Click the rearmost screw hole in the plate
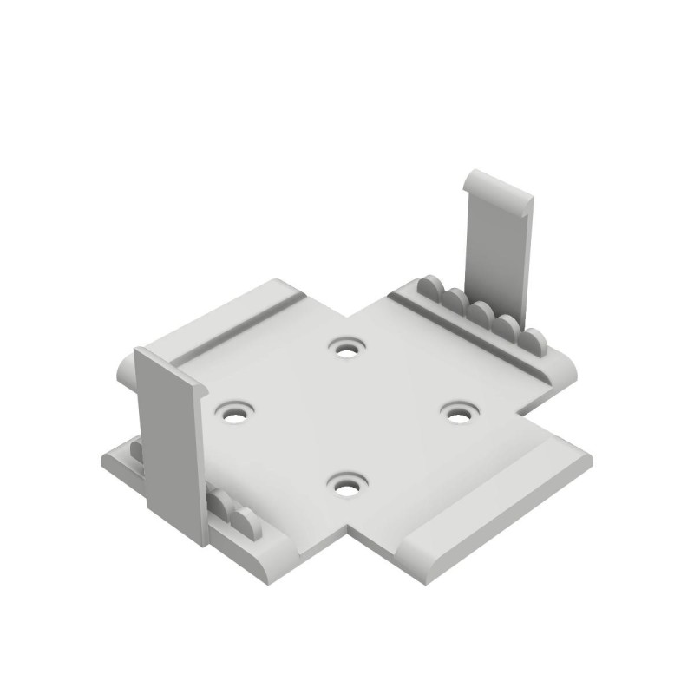[x=347, y=350]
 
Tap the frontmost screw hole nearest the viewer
[x=348, y=488]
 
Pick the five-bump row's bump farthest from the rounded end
[x=429, y=288]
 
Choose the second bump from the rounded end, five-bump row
[x=508, y=327]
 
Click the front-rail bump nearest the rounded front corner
[x=246, y=521]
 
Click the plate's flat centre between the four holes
[x=347, y=416]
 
